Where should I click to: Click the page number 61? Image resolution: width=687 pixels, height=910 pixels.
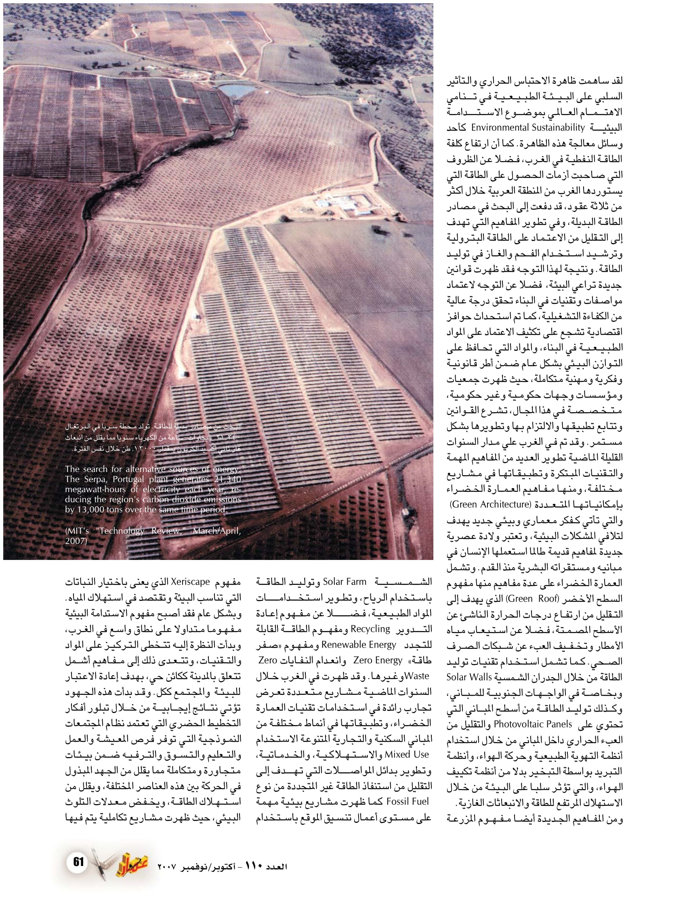coord(78,862)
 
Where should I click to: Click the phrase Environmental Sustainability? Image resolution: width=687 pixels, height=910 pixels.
coord(528,128)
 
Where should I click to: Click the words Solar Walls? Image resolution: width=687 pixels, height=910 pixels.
coord(469,677)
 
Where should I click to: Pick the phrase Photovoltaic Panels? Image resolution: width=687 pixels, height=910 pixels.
coord(533,724)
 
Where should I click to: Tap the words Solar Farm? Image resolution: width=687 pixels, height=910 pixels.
coord(345,582)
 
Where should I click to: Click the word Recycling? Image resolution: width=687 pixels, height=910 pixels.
coord(370,629)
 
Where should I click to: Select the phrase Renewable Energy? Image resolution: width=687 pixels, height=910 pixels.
coord(359,645)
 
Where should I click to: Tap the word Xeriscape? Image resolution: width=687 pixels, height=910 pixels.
coord(191,582)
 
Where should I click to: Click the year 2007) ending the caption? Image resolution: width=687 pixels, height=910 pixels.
coord(76,541)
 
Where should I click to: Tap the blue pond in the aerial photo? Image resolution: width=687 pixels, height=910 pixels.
coord(236,90)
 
